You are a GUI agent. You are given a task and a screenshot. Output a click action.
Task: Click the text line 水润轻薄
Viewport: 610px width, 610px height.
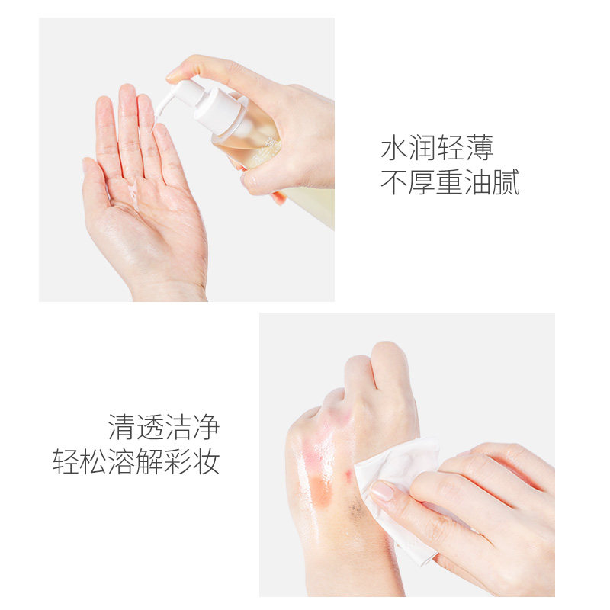[x=437, y=147]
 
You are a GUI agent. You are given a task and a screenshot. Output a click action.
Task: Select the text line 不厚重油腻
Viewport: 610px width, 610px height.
[x=450, y=183]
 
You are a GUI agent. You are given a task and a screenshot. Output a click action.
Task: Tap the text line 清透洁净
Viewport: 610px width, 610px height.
[x=164, y=427]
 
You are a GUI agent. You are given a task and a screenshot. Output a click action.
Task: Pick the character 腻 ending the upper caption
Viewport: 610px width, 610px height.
[x=506, y=183]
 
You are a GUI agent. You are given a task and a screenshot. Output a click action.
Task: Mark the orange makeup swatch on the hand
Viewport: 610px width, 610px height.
[x=321, y=488]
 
